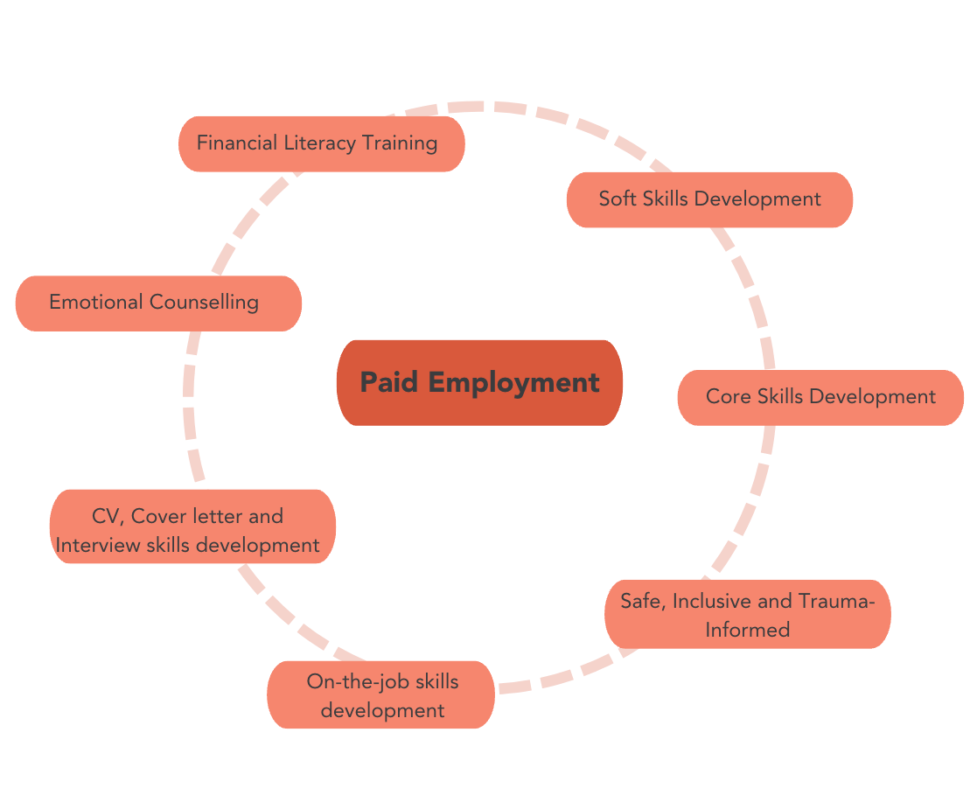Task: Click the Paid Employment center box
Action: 479,382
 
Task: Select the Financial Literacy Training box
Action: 321,143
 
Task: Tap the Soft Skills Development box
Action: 709,199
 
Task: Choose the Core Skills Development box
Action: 820,397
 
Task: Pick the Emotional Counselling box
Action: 158,303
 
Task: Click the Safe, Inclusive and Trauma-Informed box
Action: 747,614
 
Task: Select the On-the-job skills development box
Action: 381,695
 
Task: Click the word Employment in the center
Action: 513,382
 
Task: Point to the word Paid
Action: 389,382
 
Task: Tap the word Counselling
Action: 204,303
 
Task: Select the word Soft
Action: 618,199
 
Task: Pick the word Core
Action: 729,397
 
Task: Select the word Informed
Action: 747,629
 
